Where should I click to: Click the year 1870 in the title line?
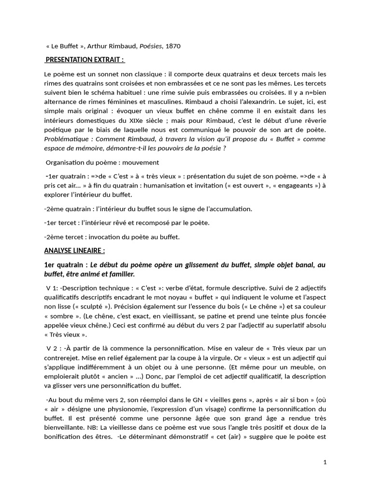pos(173,46)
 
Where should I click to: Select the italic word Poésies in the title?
pos(149,46)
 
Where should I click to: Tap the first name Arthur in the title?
pos(97,46)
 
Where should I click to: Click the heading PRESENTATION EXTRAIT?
pos(85,59)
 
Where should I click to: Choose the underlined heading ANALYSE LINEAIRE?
pos(74,251)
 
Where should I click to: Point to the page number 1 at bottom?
pos(325,462)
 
